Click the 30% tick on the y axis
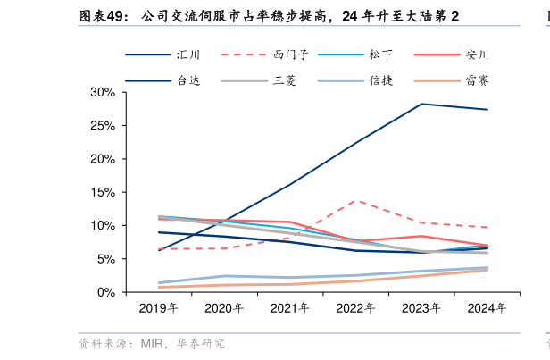pos(103,93)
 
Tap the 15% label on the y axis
pos(103,192)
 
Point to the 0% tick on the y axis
pos(106,292)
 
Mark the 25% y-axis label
pos(103,126)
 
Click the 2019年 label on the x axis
pos(159,308)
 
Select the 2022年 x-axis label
pos(355,308)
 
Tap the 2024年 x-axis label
pos(487,308)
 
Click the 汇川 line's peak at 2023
pos(421,104)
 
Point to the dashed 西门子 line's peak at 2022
pos(356,201)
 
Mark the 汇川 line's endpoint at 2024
pos(487,110)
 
